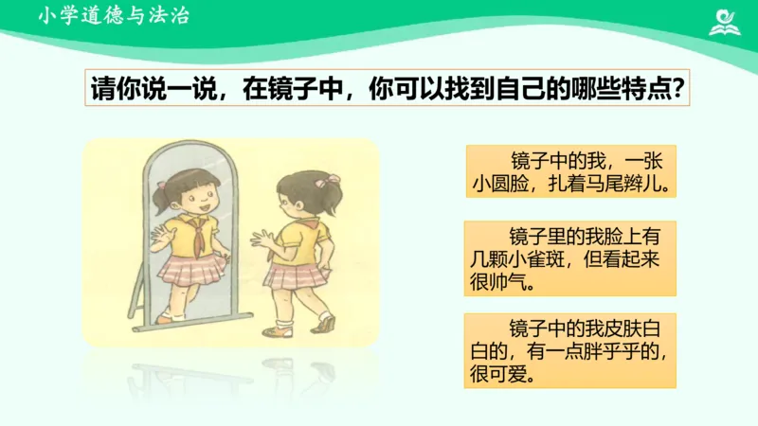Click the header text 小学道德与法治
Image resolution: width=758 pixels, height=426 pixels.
click(x=114, y=16)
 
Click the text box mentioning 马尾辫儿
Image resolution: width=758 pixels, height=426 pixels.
click(x=570, y=171)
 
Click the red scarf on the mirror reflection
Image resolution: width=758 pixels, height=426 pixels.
click(x=198, y=237)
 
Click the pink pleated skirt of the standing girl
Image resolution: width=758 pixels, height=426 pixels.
click(x=291, y=275)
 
